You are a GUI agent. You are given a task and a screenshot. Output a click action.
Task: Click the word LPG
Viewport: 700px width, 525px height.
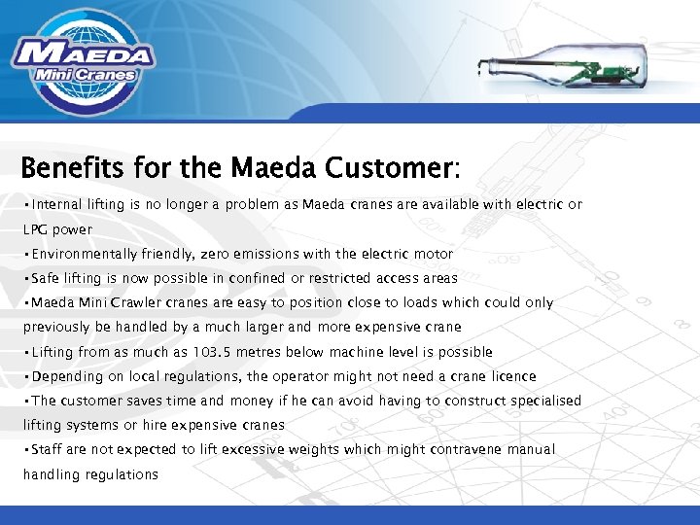pos(37,229)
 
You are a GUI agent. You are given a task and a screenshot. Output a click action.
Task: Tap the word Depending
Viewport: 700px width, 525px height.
pos(67,376)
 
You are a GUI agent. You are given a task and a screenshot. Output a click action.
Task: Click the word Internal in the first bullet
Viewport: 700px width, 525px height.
pos(56,204)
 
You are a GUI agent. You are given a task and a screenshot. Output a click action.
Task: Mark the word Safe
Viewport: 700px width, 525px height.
pos(46,278)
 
